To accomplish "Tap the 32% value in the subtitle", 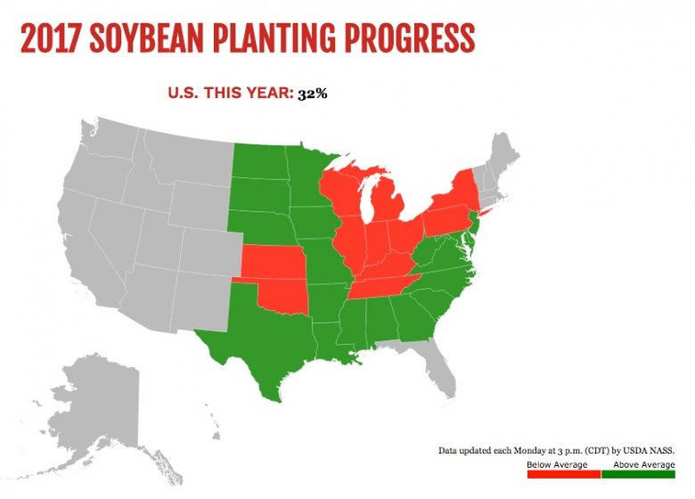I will click(314, 93).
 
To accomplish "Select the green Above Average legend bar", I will click(638, 473).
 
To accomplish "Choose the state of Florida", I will click(442, 365).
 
